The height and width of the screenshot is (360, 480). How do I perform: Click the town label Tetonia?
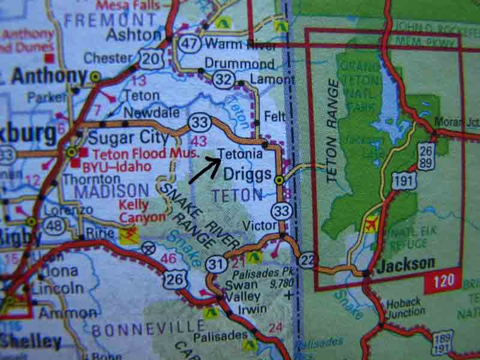pos(240,154)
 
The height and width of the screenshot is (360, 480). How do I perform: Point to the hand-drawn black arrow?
pos(203,170)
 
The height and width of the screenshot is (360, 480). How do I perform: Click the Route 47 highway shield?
pos(188,44)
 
